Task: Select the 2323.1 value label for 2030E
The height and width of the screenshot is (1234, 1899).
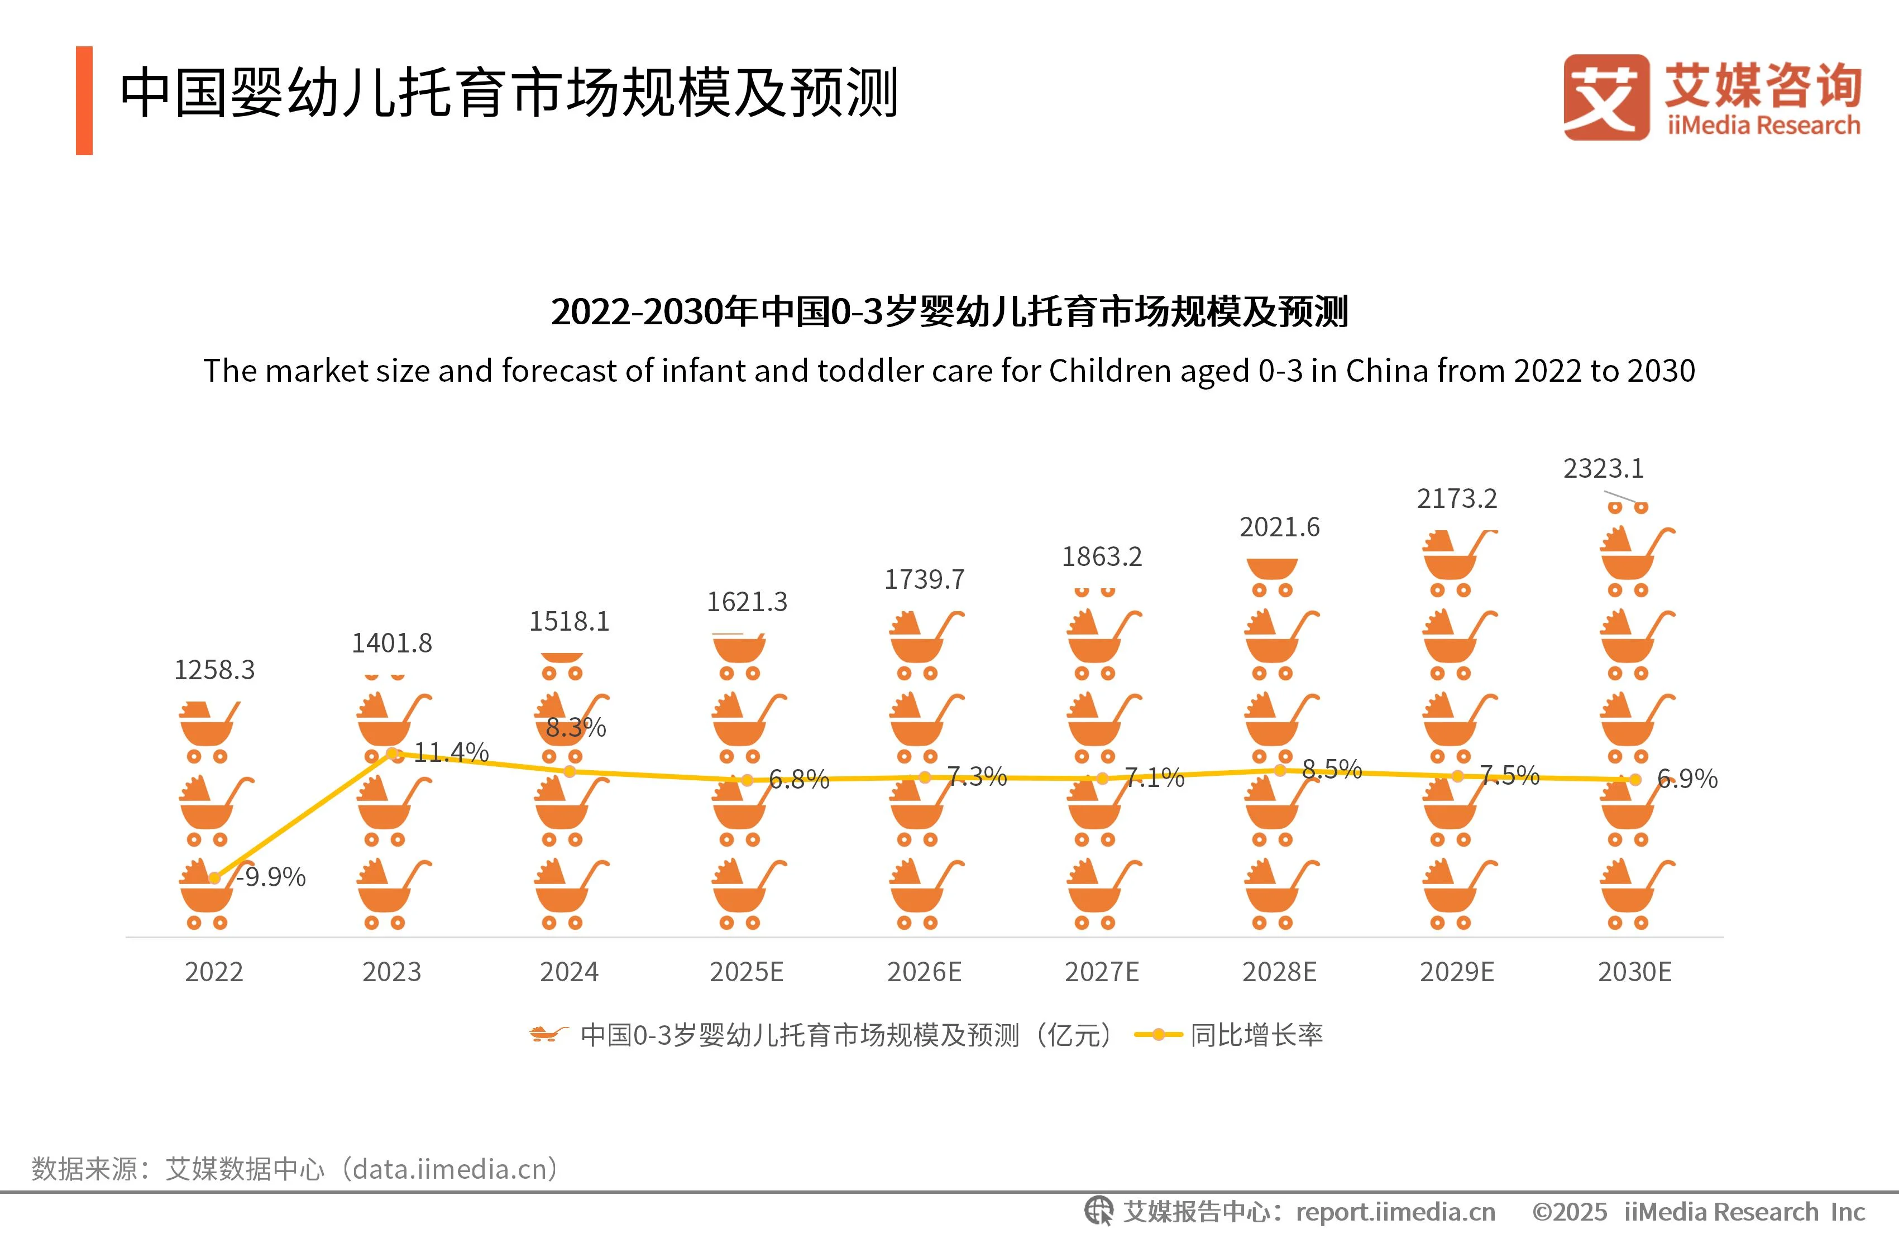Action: tap(1603, 468)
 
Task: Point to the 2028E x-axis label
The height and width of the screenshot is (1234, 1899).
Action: tap(1279, 972)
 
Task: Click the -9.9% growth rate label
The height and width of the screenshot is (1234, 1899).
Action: tap(271, 877)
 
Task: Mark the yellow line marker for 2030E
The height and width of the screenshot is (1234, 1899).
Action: tap(1635, 779)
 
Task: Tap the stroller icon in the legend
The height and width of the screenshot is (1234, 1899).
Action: tap(548, 1035)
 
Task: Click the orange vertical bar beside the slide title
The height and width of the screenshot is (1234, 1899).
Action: tap(84, 100)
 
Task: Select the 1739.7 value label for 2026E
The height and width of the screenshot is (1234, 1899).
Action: tap(924, 579)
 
